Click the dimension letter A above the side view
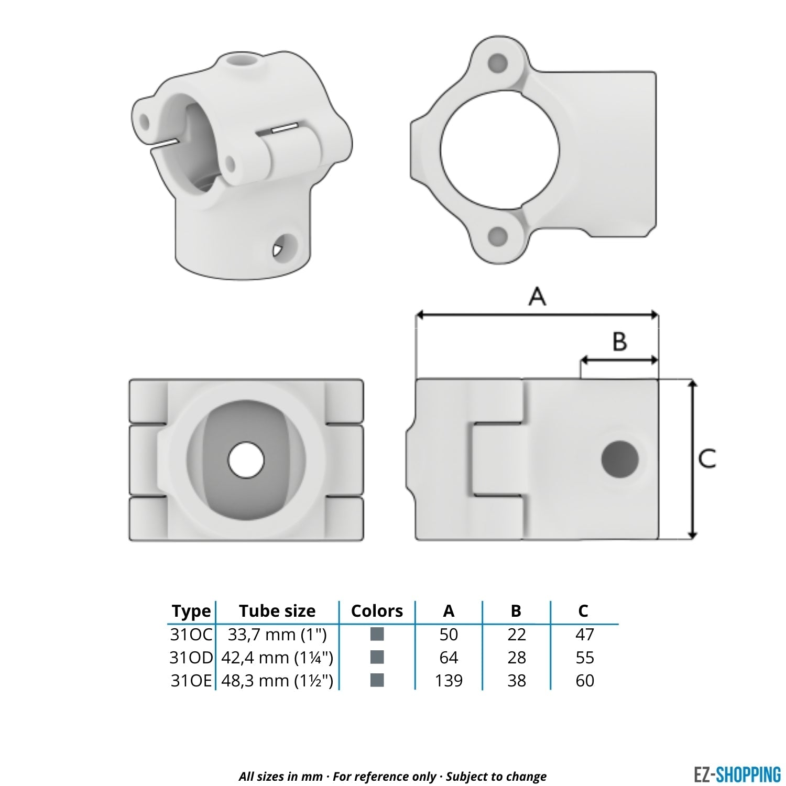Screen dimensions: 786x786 (537, 297)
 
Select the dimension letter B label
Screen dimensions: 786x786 (619, 342)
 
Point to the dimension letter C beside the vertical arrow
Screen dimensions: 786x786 (707, 458)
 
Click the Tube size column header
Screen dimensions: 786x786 (277, 611)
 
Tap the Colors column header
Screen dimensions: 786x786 (377, 611)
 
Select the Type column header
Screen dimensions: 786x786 (191, 611)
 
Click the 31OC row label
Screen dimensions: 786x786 (191, 635)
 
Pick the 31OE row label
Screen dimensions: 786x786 (191, 681)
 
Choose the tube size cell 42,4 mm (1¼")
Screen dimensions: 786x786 (277, 658)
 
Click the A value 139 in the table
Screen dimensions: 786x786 (449, 681)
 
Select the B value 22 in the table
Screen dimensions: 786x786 (516, 635)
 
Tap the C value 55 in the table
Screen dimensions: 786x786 (584, 658)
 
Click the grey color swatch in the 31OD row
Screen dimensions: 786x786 (377, 657)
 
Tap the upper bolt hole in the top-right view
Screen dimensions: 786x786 (497, 64)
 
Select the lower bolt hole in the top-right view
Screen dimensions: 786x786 (496, 237)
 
